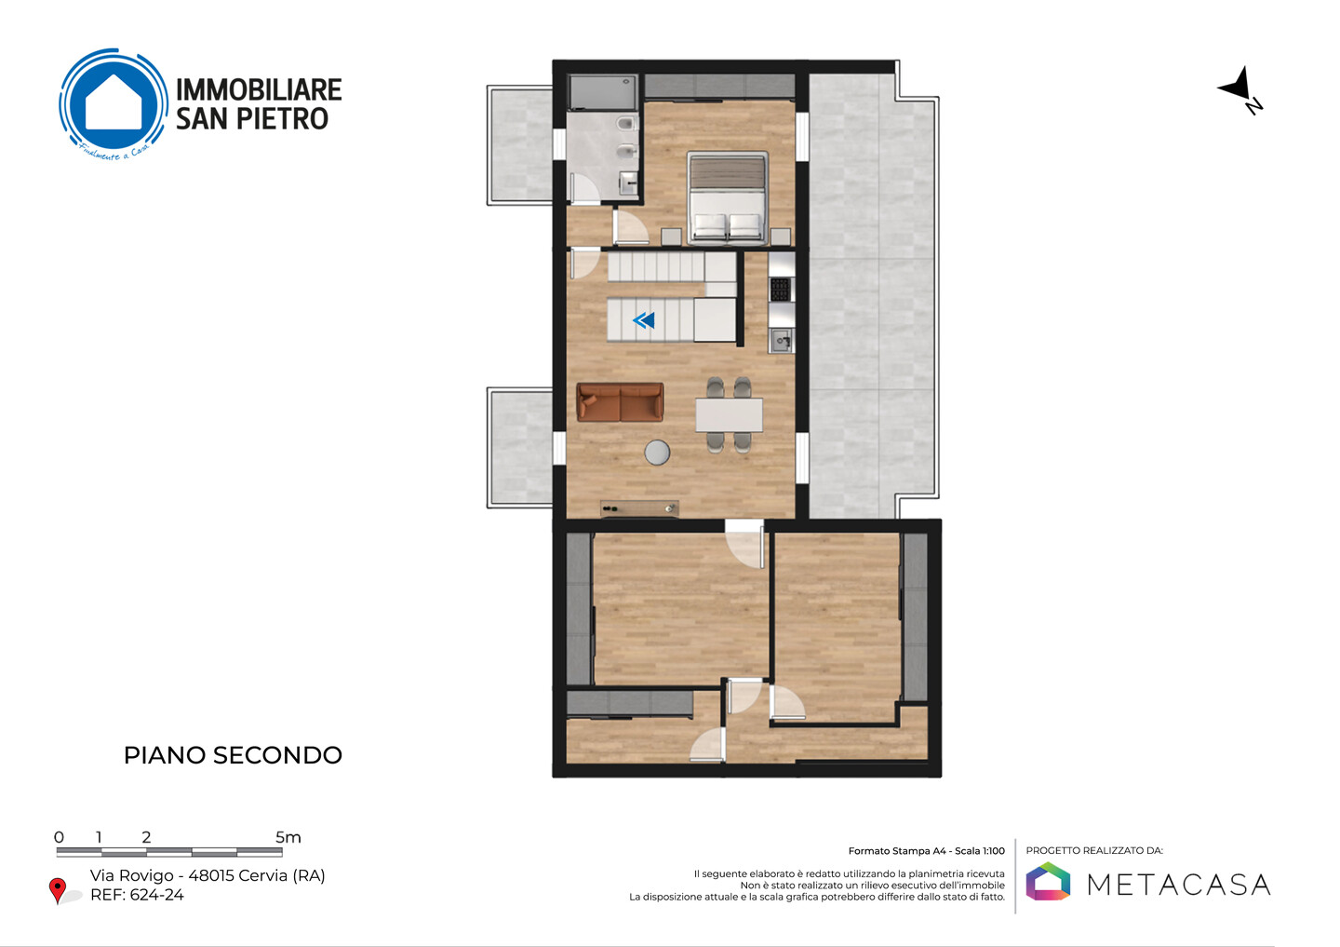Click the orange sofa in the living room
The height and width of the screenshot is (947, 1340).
(x=620, y=402)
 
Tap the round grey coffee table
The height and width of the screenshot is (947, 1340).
(x=657, y=453)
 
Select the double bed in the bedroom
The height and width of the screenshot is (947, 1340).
(x=728, y=198)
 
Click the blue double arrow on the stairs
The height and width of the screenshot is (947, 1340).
(x=644, y=321)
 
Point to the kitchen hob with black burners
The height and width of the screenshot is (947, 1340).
(x=781, y=290)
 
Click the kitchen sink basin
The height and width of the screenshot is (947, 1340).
(x=781, y=341)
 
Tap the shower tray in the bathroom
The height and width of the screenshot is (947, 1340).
(x=603, y=92)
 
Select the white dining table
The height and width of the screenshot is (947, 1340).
(x=729, y=415)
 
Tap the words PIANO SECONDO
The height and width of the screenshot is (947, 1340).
(x=233, y=755)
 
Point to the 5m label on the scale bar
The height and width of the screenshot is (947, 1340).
(x=288, y=837)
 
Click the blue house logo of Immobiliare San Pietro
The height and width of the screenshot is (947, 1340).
(x=114, y=103)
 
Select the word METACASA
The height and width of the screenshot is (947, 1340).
(x=1178, y=885)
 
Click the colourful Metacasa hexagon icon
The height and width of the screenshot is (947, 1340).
(x=1048, y=881)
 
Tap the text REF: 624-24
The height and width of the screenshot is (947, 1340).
(x=137, y=895)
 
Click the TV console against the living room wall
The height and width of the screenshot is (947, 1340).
(x=639, y=508)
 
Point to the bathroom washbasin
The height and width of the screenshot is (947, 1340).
(x=628, y=183)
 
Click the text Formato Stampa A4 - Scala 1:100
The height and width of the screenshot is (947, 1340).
(x=927, y=851)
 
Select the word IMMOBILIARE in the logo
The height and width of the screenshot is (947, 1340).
(x=259, y=89)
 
